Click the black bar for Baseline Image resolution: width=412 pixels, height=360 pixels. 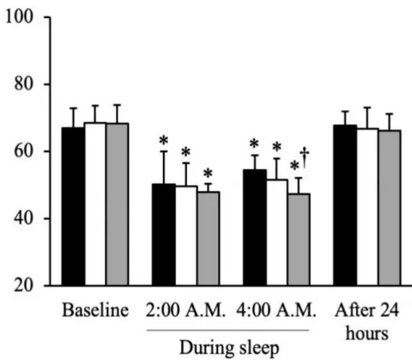pos(73,206)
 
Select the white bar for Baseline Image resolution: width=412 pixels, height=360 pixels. pos(95,204)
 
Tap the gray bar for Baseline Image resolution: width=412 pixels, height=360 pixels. pos(118,204)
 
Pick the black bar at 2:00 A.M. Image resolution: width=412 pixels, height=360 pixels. pos(164,235)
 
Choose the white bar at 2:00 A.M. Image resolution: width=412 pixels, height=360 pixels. pos(186,235)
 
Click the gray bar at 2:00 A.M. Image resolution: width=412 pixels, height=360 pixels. pos(209,239)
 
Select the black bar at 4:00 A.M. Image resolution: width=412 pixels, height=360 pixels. pos(255,228)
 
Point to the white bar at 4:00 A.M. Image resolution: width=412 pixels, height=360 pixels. pos(277,233)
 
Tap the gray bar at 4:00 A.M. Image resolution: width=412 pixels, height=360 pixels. pos(299,240)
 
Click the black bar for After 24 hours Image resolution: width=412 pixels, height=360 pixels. pos(345,205)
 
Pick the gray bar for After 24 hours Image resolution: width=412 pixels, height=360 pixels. pos(390,208)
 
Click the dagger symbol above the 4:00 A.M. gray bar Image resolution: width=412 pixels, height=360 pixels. pos(305,157)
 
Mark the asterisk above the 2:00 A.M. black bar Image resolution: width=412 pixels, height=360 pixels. pos(164,141)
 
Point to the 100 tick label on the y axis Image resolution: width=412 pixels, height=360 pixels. pos(19,16)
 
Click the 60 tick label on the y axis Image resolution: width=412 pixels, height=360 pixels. pos(23,151)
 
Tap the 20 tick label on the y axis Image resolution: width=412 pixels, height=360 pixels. pos(23,285)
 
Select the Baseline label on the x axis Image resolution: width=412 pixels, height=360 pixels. pos(95,310)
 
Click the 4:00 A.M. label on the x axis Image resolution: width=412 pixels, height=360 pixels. pos(276,310)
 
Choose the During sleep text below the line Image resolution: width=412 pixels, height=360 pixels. pos(229,348)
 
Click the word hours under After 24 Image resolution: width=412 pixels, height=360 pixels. pos(367,333)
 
